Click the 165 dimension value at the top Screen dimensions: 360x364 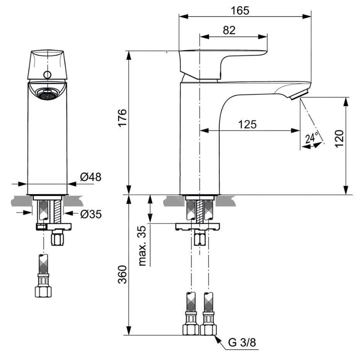coord(240,10)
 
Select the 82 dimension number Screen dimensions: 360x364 coord(229,31)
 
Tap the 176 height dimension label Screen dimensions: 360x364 coord(122,119)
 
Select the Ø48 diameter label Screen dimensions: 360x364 coord(91,177)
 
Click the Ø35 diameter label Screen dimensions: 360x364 coord(91,214)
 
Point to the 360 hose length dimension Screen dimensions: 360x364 coord(122,274)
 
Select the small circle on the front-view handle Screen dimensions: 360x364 coord(47,74)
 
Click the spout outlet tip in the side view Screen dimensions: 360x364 coord(299,94)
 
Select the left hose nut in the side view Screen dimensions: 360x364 coord(191,329)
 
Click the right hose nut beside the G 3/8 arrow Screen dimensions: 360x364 coord(208,329)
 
